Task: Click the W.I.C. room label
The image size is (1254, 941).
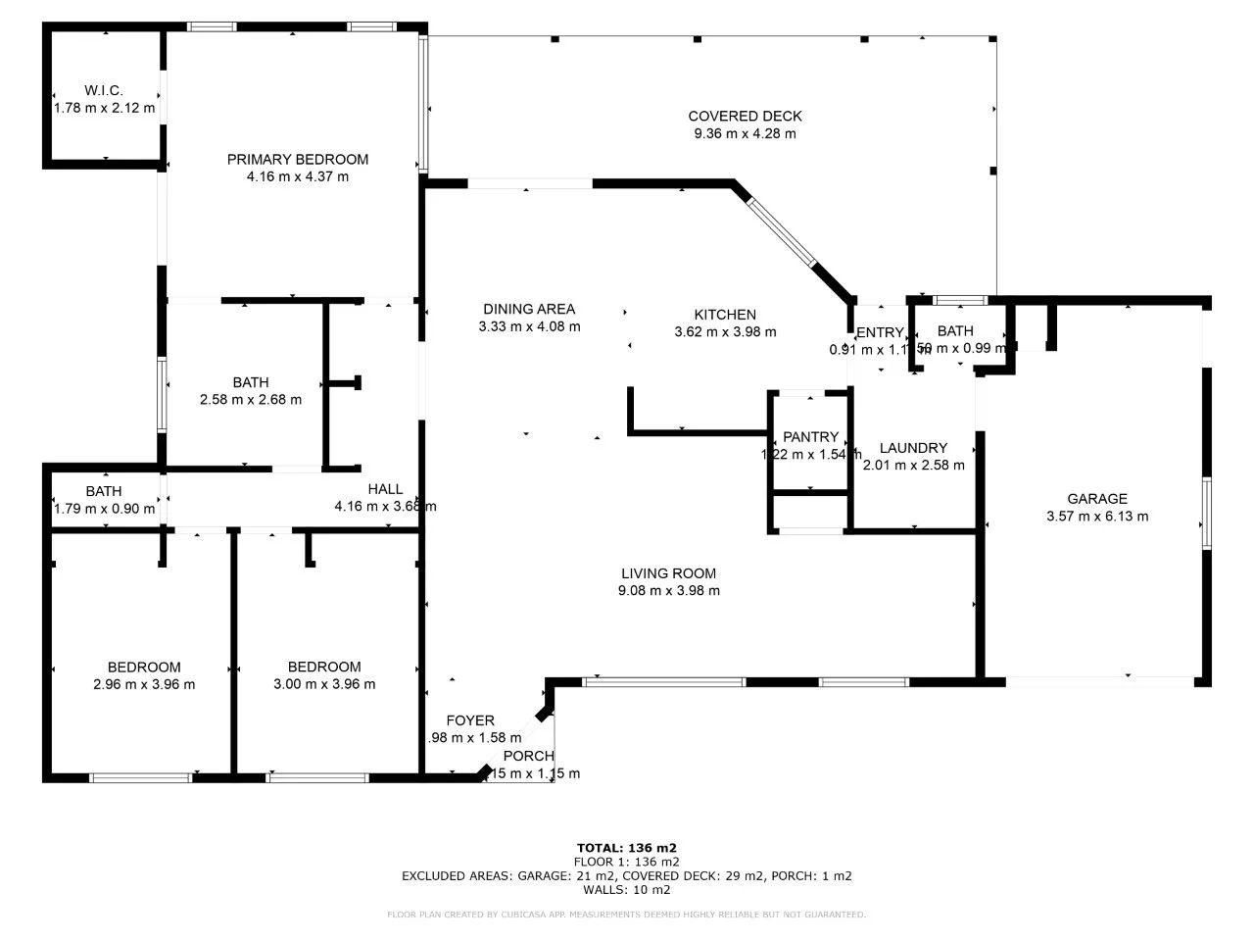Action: [103, 90]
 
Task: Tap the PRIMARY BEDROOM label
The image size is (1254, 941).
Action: [298, 159]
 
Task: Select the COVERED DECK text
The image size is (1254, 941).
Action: [745, 116]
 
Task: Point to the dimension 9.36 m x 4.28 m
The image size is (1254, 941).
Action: [745, 133]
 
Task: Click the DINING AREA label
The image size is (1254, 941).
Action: [529, 309]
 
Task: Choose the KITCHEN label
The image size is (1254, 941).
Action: [725, 315]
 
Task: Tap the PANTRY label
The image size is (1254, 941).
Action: [811, 437]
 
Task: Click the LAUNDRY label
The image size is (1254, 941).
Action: [913, 448]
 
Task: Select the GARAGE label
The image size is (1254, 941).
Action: [1097, 498]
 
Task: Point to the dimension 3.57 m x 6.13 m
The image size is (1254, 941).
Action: [1097, 516]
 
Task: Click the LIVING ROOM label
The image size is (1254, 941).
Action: [668, 573]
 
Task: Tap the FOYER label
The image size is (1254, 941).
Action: [470, 720]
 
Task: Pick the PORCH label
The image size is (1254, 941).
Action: [529, 756]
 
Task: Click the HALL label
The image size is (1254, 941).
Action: [385, 489]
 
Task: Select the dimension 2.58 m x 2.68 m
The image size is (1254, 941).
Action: [251, 399]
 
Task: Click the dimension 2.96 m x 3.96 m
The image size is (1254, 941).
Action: [144, 684]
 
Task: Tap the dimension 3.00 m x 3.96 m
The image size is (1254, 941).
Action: [324, 684]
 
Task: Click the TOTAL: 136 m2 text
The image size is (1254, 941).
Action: [627, 848]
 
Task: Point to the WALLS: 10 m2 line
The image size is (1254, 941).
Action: [627, 890]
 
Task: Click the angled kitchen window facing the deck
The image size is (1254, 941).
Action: [781, 232]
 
